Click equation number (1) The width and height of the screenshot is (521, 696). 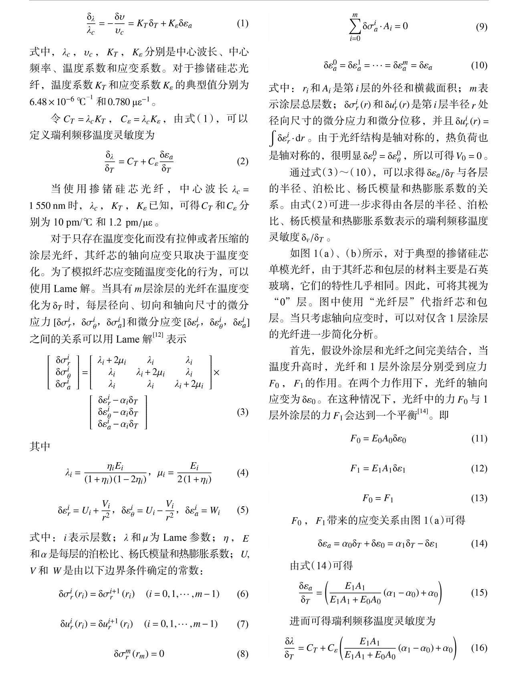coord(242,23)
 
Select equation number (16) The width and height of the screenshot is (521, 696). coord(479,647)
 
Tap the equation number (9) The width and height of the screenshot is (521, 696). coord(481,27)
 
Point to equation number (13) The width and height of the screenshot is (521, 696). coord(479,498)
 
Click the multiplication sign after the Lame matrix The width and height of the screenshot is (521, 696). coord(217,372)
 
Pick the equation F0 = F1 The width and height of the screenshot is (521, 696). coord(378,498)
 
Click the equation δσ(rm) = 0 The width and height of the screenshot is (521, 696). coord(139,654)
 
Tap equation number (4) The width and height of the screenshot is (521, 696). coord(242,473)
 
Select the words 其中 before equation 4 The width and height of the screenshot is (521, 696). coord(40,446)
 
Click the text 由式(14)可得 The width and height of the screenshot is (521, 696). coord(321,565)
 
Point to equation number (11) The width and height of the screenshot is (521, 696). coord(479,438)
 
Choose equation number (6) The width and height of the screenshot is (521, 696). coord(242,594)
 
